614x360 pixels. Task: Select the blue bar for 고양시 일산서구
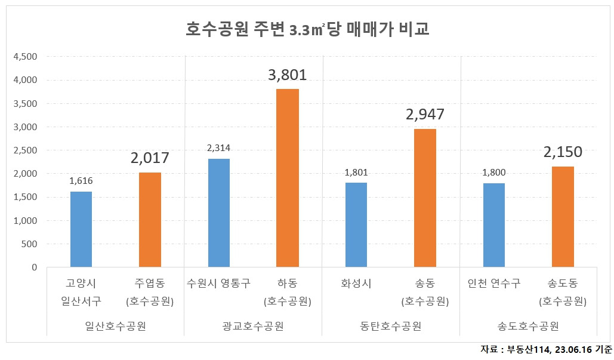point(81,229)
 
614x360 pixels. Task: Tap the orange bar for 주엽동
point(150,220)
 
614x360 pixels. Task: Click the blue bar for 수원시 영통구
point(219,213)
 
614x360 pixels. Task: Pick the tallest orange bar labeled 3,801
point(288,178)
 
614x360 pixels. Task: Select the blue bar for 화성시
point(356,225)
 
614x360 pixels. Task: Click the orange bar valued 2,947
point(425,198)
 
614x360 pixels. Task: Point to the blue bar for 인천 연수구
point(493,225)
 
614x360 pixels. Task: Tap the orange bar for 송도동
point(563,217)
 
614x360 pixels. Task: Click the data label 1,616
point(81,181)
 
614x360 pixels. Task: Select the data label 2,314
point(219,148)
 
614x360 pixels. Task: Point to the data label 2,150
point(563,152)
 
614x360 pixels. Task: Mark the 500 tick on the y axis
point(29,244)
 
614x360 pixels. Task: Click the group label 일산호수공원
point(116,326)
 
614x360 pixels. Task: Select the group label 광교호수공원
point(253,326)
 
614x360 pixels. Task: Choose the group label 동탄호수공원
point(391,326)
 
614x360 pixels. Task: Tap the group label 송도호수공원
point(528,326)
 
